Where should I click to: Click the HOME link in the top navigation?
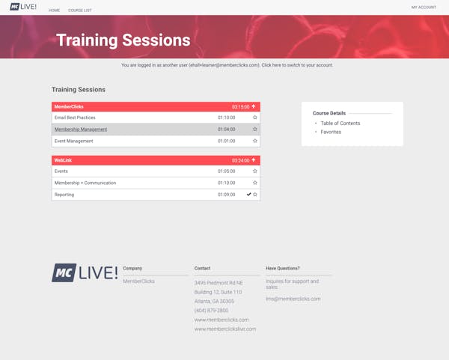click(54, 10)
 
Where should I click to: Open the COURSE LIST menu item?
click(80, 10)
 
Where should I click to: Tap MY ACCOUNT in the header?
click(424, 7)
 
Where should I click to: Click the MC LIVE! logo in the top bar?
click(23, 7)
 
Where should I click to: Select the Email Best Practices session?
click(75, 118)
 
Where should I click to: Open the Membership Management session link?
click(81, 129)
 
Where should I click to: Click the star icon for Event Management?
click(255, 141)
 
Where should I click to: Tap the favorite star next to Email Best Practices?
click(255, 118)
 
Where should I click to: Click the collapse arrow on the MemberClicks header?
click(254, 106)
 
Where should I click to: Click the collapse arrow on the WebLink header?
click(254, 160)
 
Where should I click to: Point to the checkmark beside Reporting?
click(249, 194)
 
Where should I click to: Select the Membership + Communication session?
click(85, 183)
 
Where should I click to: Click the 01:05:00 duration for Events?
click(227, 171)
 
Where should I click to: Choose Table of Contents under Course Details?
click(340, 123)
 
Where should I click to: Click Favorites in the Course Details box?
click(331, 132)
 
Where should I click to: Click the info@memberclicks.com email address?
click(293, 299)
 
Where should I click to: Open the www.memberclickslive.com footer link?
click(225, 329)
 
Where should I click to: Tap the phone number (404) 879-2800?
click(211, 311)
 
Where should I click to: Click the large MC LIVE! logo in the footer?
click(85, 272)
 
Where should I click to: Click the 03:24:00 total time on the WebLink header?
click(240, 160)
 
